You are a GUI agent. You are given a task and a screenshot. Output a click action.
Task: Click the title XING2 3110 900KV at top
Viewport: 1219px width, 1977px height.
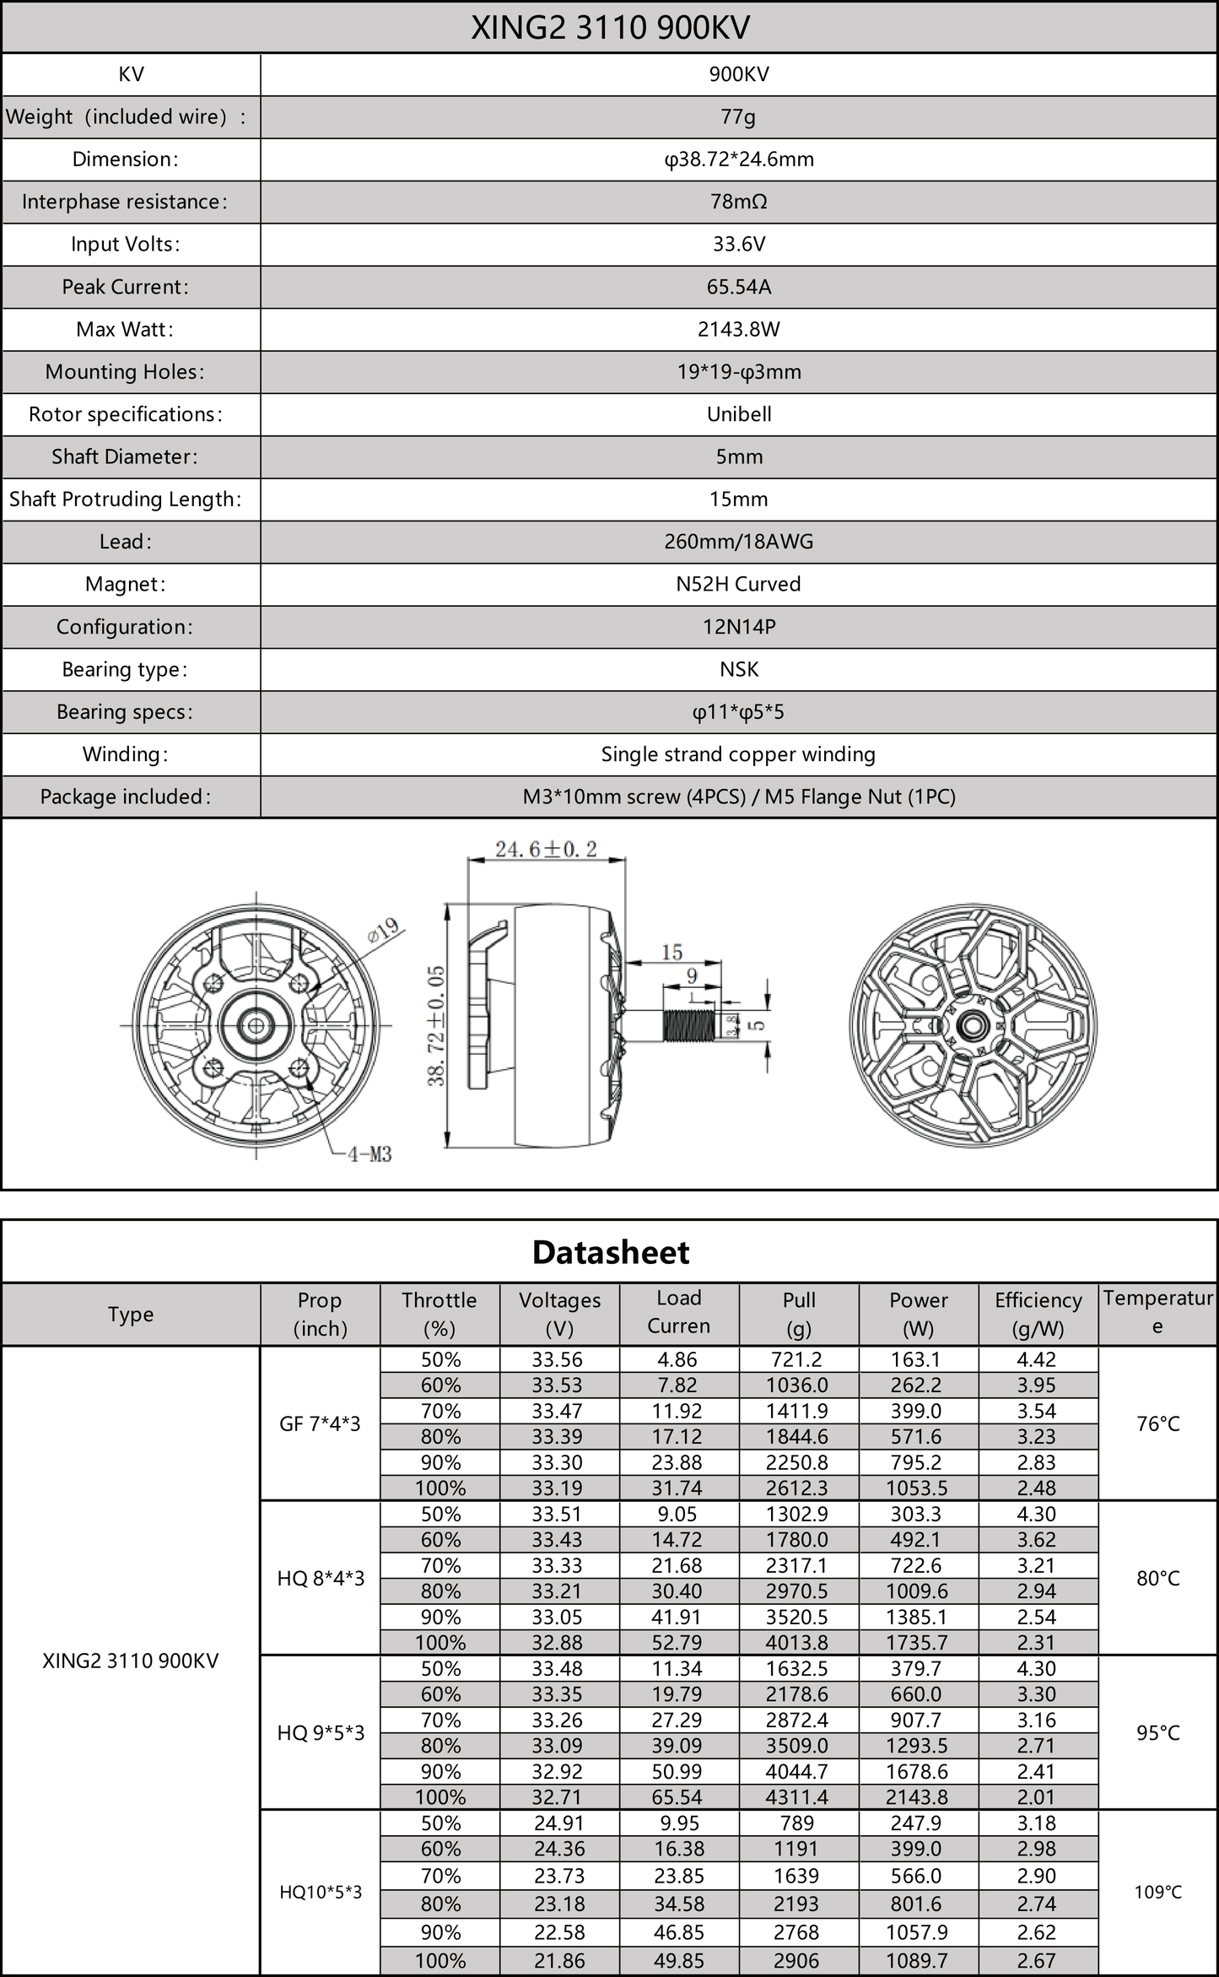(x=609, y=28)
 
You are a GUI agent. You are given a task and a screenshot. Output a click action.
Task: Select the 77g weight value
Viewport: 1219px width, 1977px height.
(x=738, y=116)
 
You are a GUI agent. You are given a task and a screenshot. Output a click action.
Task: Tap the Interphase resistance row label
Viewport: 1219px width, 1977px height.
(x=124, y=202)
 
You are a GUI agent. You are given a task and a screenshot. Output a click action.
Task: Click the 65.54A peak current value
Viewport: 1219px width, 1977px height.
(x=738, y=287)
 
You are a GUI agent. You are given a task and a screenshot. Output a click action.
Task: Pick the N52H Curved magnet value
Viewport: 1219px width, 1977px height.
(x=738, y=584)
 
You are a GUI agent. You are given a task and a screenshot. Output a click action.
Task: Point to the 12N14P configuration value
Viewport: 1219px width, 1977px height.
(x=738, y=627)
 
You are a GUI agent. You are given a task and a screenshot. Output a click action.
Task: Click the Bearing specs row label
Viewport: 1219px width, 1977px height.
(x=124, y=712)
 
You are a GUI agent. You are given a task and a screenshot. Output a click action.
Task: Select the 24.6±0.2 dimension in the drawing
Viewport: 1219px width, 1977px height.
(x=546, y=849)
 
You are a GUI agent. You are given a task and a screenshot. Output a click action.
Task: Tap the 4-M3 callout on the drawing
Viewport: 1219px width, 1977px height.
(x=369, y=1154)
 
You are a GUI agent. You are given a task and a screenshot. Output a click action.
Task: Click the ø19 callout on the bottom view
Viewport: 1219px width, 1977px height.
(x=384, y=931)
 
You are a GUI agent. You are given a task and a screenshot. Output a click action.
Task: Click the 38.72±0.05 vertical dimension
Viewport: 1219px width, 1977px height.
(x=436, y=1025)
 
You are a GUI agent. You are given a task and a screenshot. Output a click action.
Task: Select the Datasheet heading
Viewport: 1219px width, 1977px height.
(x=610, y=1252)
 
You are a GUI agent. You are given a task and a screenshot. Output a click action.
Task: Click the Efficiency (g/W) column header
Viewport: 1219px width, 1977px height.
(x=1038, y=1314)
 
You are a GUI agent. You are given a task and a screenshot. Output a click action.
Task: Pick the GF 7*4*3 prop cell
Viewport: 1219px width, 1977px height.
(x=320, y=1424)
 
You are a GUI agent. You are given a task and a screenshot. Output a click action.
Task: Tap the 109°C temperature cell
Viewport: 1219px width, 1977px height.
(x=1157, y=1892)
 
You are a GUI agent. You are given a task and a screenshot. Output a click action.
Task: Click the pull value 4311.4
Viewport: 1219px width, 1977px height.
(x=797, y=1797)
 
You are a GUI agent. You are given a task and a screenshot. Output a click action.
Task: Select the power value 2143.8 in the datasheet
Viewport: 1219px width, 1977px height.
(x=918, y=1797)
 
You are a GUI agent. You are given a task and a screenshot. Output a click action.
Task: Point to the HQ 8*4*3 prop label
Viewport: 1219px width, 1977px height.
(x=321, y=1578)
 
